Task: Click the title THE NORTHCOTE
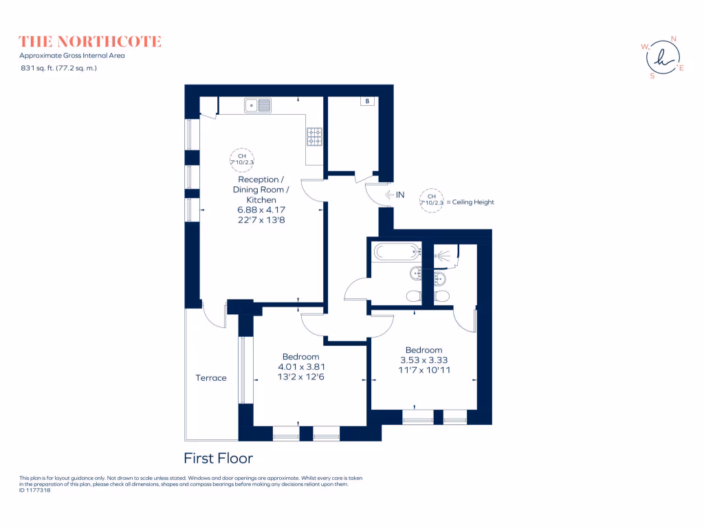(90, 42)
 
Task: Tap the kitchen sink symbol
(258, 105)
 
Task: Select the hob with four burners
(315, 136)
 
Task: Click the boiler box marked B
(368, 102)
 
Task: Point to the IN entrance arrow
(395, 195)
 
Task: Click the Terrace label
(211, 377)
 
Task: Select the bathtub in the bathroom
(395, 252)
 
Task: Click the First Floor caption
(219, 458)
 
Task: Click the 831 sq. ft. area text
(58, 68)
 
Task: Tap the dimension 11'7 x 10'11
(423, 369)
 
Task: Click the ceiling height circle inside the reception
(242, 159)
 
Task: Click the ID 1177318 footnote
(35, 490)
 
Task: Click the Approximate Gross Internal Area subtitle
(72, 56)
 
